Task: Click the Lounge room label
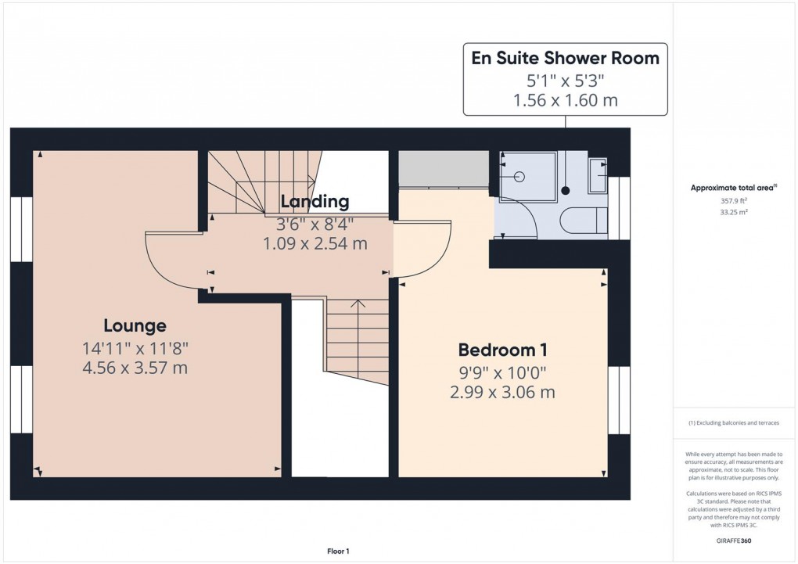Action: click(x=135, y=325)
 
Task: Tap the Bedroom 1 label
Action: click(x=502, y=350)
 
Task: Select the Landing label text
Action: click(x=315, y=203)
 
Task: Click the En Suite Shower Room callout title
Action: click(x=565, y=58)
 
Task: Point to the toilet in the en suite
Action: click(x=585, y=220)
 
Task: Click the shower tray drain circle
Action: click(x=519, y=177)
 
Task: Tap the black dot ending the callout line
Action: click(x=566, y=190)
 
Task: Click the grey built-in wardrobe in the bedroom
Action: click(x=444, y=169)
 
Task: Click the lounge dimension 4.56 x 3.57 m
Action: click(x=135, y=368)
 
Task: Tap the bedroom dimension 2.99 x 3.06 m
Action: click(x=502, y=392)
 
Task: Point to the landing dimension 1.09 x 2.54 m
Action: click(x=315, y=243)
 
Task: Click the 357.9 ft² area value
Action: click(x=732, y=200)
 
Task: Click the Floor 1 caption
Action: click(x=338, y=551)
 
